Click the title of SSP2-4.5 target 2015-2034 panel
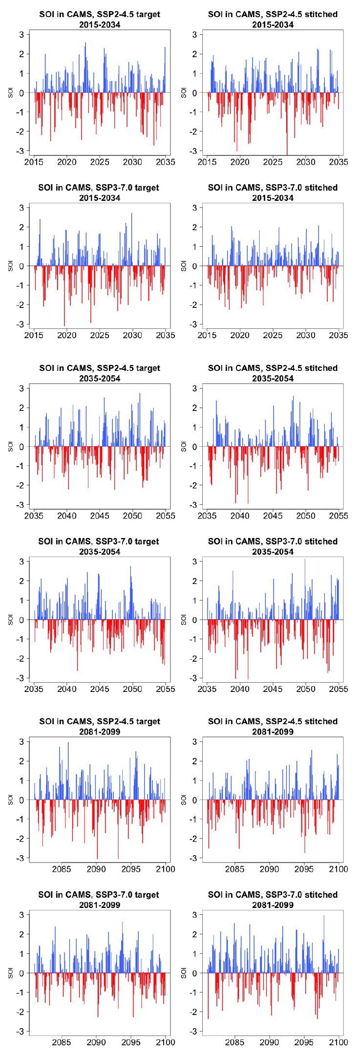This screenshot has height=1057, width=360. pos(100,19)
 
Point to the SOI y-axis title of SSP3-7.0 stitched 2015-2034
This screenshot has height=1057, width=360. pos(183,266)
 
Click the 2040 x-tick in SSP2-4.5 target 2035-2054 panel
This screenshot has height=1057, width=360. pos(67,516)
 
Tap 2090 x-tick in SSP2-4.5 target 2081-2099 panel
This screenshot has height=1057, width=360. pos(96,869)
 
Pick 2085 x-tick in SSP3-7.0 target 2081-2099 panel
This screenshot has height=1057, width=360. pos(62,1042)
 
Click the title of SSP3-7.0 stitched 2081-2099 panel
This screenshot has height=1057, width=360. pos(273,899)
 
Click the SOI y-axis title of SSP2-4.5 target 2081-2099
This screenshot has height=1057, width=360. pos(10,799)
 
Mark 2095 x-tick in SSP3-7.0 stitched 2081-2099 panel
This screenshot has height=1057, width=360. pos(304,1042)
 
